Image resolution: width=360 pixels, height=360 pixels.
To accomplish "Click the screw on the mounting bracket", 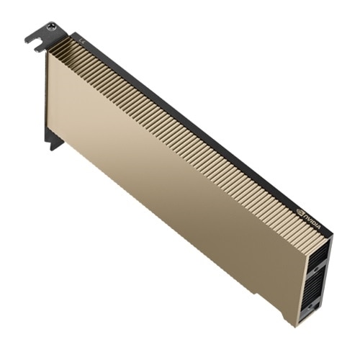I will (50, 27).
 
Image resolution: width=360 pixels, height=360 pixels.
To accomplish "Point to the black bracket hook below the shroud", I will (55, 140).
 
